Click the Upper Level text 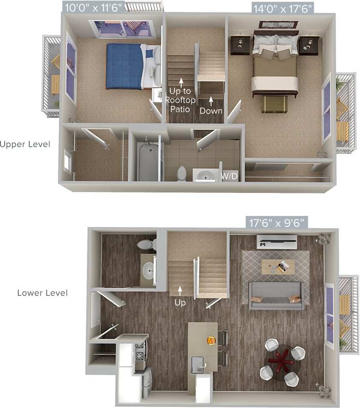(x=25, y=144)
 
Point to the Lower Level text (x=42, y=293)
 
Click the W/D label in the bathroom (x=228, y=175)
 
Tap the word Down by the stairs (x=211, y=111)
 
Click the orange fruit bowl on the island (x=211, y=341)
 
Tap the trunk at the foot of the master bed (x=274, y=104)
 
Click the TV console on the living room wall (x=277, y=242)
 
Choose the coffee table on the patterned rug (x=278, y=266)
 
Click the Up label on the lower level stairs (x=180, y=302)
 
